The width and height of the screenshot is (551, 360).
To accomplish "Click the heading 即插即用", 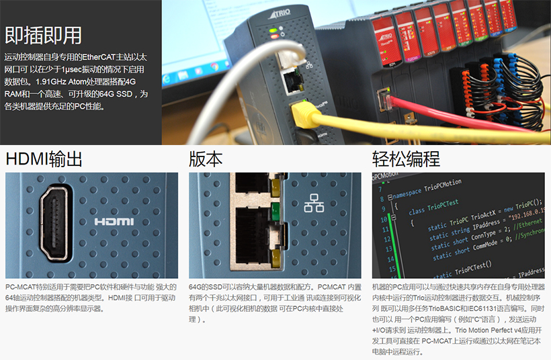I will pyautogui.click(x=43, y=35).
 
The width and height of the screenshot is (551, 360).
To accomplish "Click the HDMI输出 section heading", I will pyautogui.click(x=44, y=159).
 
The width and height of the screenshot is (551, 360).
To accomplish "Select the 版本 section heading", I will pyautogui.click(x=206, y=159).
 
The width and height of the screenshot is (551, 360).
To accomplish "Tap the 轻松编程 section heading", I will pyautogui.click(x=406, y=159).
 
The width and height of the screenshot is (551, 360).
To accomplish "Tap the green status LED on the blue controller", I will pyautogui.click(x=273, y=31).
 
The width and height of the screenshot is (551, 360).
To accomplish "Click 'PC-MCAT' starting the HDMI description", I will pyautogui.click(x=21, y=287).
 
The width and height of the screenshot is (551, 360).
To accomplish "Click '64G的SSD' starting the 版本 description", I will pyautogui.click(x=206, y=287).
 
